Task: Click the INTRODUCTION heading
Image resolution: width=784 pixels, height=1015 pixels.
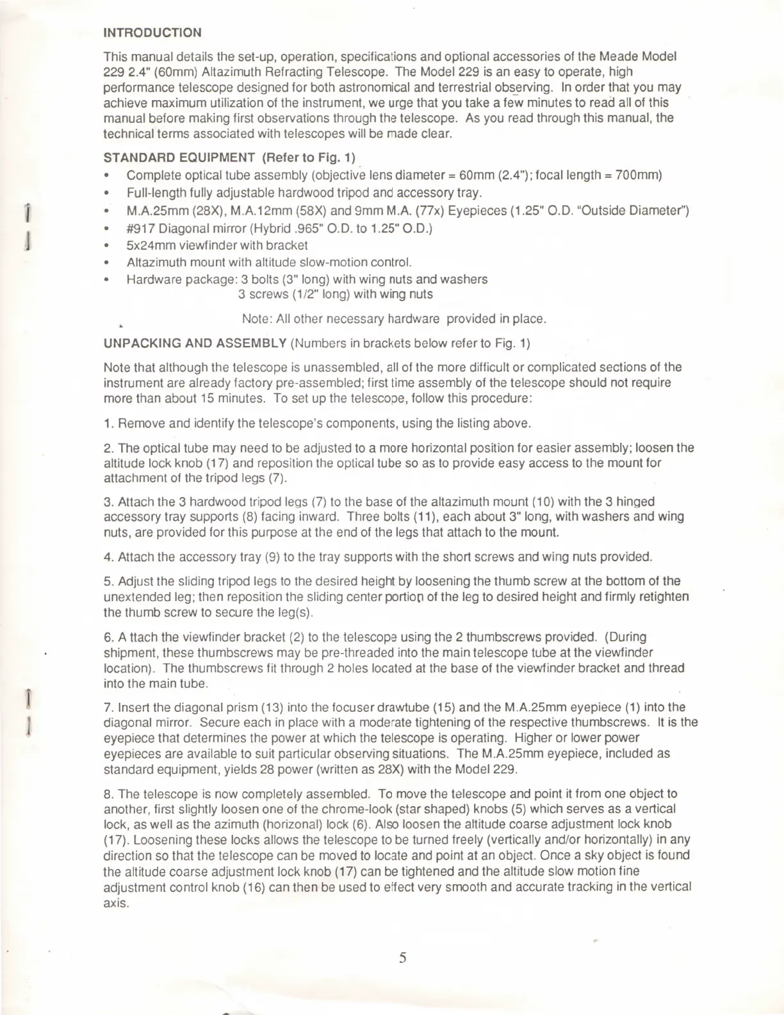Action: [152, 33]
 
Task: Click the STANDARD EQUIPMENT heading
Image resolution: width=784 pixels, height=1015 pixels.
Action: [179, 158]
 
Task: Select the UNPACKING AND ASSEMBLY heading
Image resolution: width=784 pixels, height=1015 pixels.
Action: [195, 343]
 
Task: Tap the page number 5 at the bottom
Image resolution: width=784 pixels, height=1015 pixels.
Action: [403, 958]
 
